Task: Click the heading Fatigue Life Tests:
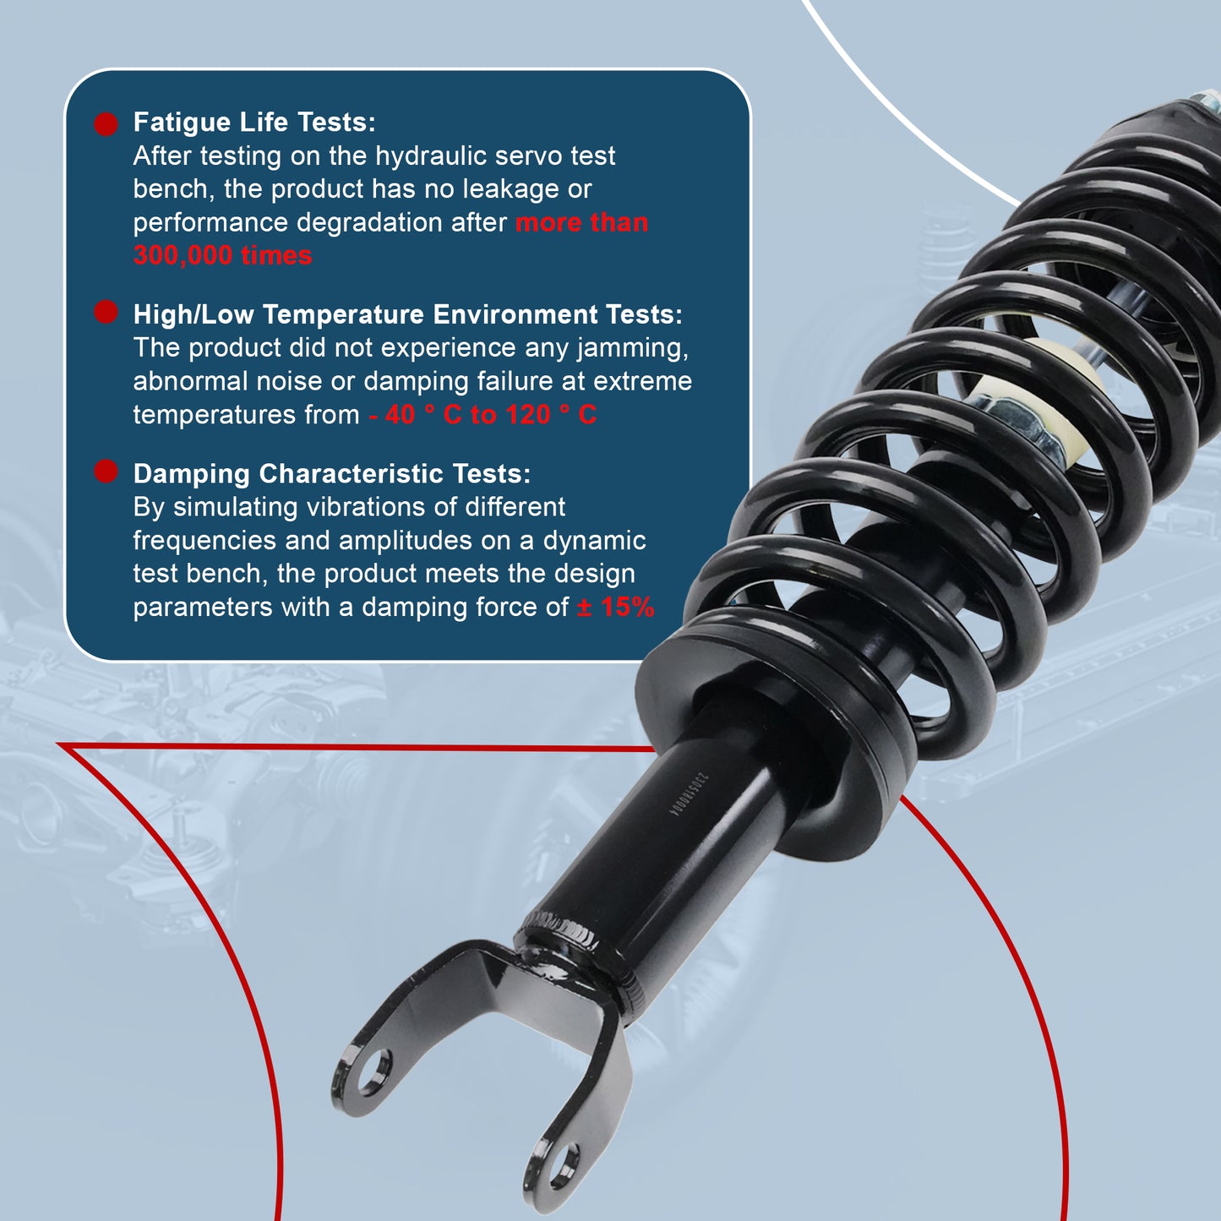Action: point(253,123)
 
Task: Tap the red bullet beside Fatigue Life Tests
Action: point(106,124)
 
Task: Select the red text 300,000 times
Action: point(222,256)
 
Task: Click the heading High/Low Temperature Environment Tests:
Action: point(407,314)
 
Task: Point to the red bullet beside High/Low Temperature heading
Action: point(106,312)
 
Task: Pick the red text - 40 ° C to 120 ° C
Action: point(482,415)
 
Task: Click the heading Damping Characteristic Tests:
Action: point(331,474)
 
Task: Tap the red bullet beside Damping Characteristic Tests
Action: point(106,472)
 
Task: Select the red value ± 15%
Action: point(615,608)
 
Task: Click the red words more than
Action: point(581,223)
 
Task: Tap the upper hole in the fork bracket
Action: point(373,1071)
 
